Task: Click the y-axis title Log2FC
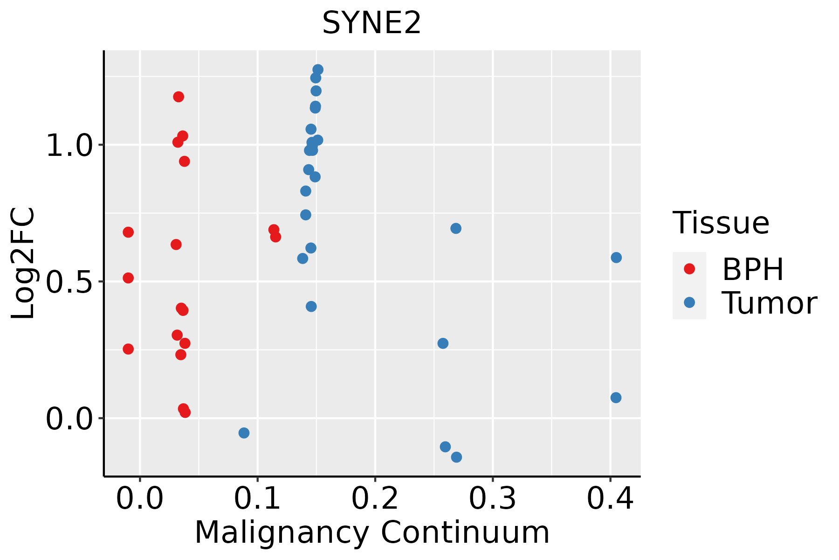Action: coord(23,263)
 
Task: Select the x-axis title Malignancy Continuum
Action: coord(371,532)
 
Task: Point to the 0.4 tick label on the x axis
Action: coord(610,499)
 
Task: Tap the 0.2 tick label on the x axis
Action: coord(375,499)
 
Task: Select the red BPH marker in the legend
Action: coord(689,269)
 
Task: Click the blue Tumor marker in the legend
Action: coord(689,302)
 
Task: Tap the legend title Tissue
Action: coord(721,223)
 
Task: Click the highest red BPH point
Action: coord(179,97)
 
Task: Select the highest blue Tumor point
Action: coord(318,70)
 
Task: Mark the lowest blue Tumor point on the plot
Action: coord(456,457)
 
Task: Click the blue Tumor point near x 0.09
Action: coord(244,433)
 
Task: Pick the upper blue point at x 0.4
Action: coord(616,258)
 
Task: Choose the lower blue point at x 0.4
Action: coord(616,398)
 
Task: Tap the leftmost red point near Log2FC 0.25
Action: coord(128,349)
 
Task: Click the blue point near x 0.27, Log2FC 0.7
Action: coord(456,228)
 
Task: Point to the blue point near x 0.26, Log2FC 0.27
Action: coord(443,343)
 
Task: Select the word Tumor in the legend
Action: coord(769,303)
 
